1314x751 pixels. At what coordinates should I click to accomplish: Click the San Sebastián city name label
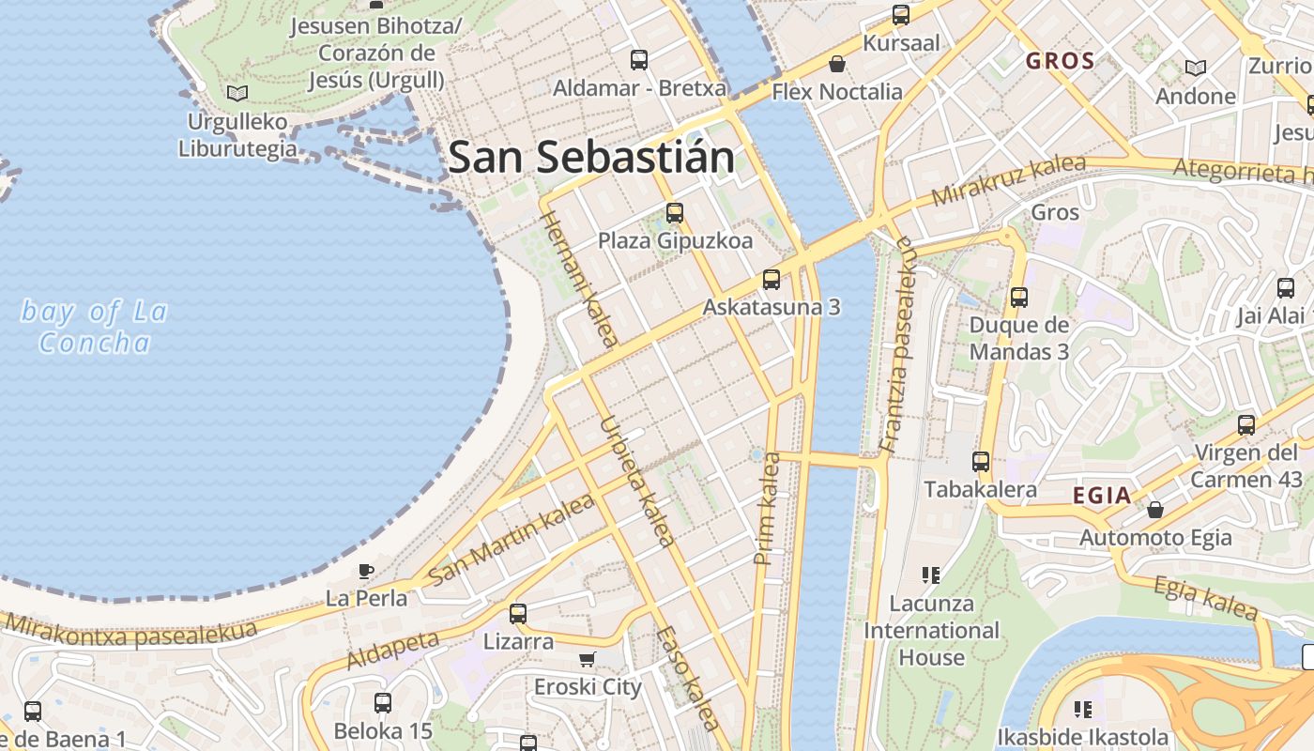tap(591, 157)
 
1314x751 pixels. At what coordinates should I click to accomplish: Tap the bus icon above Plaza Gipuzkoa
tap(674, 213)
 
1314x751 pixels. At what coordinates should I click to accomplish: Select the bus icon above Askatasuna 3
tap(772, 279)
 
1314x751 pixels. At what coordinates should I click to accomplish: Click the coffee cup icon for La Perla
tap(366, 570)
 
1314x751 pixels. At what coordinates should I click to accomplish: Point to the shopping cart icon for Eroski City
tap(588, 659)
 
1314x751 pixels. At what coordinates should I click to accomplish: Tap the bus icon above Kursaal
tap(901, 14)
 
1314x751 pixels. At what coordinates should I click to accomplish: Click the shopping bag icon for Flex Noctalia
tap(836, 64)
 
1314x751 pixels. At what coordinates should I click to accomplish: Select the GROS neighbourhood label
tap(1061, 62)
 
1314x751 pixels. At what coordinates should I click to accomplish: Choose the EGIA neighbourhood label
tap(1102, 496)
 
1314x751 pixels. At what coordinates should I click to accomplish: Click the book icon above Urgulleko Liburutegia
tap(237, 93)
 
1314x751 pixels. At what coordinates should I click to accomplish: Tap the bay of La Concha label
tap(94, 326)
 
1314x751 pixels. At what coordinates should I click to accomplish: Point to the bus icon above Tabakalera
tap(981, 461)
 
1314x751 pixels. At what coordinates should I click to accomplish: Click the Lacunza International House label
tap(931, 630)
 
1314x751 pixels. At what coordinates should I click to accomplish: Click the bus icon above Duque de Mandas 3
tap(1018, 298)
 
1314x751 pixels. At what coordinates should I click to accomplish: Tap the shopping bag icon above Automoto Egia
tap(1155, 510)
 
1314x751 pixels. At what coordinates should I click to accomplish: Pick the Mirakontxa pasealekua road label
tap(131, 631)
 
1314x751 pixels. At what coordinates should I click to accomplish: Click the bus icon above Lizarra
tap(518, 614)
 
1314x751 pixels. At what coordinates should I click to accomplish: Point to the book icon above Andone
tap(1195, 68)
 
